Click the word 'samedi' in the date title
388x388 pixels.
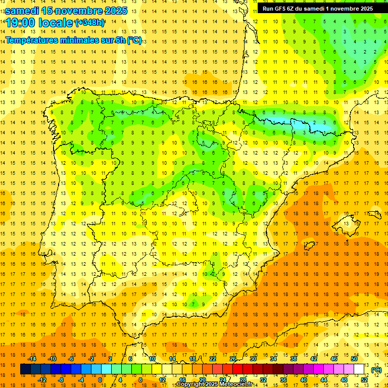[x=22, y=10]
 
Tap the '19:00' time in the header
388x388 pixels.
[x=21, y=22]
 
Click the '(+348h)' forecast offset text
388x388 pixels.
[x=89, y=22]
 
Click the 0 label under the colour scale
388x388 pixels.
[x=100, y=380]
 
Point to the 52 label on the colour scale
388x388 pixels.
[x=364, y=380]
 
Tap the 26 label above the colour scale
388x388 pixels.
[x=233, y=359]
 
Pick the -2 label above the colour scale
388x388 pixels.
[x=91, y=359]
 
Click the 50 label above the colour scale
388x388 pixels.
[x=354, y=359]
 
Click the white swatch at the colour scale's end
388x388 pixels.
[x=359, y=369]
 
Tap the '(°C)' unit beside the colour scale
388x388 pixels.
[x=376, y=369]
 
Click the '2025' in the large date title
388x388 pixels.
[x=110, y=10]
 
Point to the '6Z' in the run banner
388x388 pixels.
[x=291, y=9]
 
